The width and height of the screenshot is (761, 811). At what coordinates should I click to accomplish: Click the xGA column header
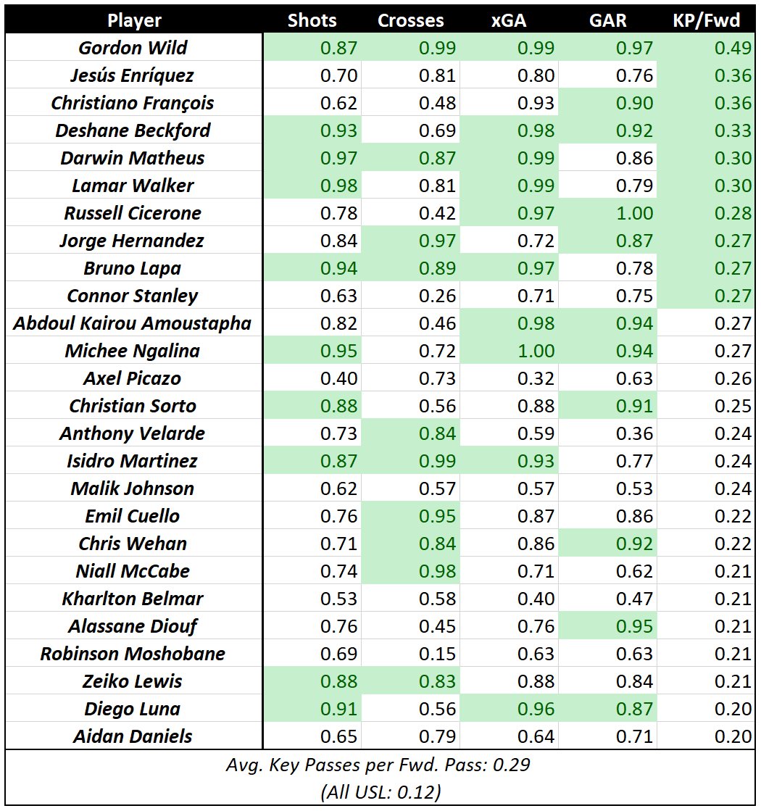pyautogui.click(x=509, y=20)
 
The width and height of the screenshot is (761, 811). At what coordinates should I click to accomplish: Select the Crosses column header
pyautogui.click(x=411, y=20)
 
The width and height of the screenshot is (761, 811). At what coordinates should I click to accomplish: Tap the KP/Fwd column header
pyautogui.click(x=707, y=20)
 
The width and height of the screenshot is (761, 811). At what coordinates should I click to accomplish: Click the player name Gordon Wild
pyautogui.click(x=133, y=48)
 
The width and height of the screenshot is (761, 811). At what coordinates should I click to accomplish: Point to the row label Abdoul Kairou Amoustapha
pyautogui.click(x=133, y=323)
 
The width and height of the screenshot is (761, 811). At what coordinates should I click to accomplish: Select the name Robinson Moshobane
pyautogui.click(x=133, y=654)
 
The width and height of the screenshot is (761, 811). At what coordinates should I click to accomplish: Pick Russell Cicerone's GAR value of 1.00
pyautogui.click(x=633, y=213)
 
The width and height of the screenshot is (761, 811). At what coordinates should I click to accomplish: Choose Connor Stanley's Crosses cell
pyautogui.click(x=436, y=296)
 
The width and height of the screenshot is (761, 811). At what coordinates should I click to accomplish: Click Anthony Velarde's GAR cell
pyautogui.click(x=633, y=433)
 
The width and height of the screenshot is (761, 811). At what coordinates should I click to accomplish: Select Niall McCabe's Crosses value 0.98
pyautogui.click(x=436, y=571)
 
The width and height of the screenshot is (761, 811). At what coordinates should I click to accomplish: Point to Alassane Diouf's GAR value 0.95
pyautogui.click(x=633, y=626)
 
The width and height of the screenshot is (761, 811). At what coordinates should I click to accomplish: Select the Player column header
pyautogui.click(x=134, y=20)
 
